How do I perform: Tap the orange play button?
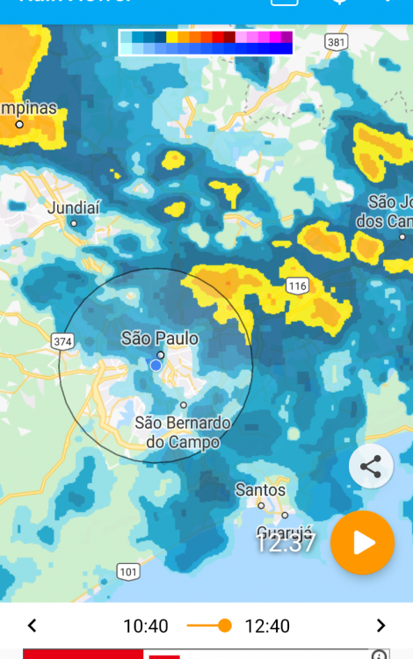(x=363, y=543)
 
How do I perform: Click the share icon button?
(x=371, y=467)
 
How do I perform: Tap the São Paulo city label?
(x=160, y=338)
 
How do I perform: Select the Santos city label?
(x=260, y=489)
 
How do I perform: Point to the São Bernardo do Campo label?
(x=183, y=432)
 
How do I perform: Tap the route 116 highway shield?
(x=297, y=286)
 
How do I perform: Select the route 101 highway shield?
(x=128, y=572)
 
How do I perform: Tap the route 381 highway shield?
(x=336, y=41)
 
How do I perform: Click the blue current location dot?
(x=156, y=365)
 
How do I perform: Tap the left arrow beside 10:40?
(x=33, y=626)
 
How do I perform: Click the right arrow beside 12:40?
(x=380, y=626)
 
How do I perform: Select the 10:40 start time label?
(x=145, y=626)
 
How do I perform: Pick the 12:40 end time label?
(x=267, y=626)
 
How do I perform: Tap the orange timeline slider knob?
(x=224, y=626)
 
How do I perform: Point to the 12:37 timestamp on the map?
(x=285, y=542)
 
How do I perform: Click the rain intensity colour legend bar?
(x=206, y=42)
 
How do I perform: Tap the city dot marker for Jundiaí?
(x=74, y=223)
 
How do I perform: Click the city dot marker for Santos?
(x=261, y=505)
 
